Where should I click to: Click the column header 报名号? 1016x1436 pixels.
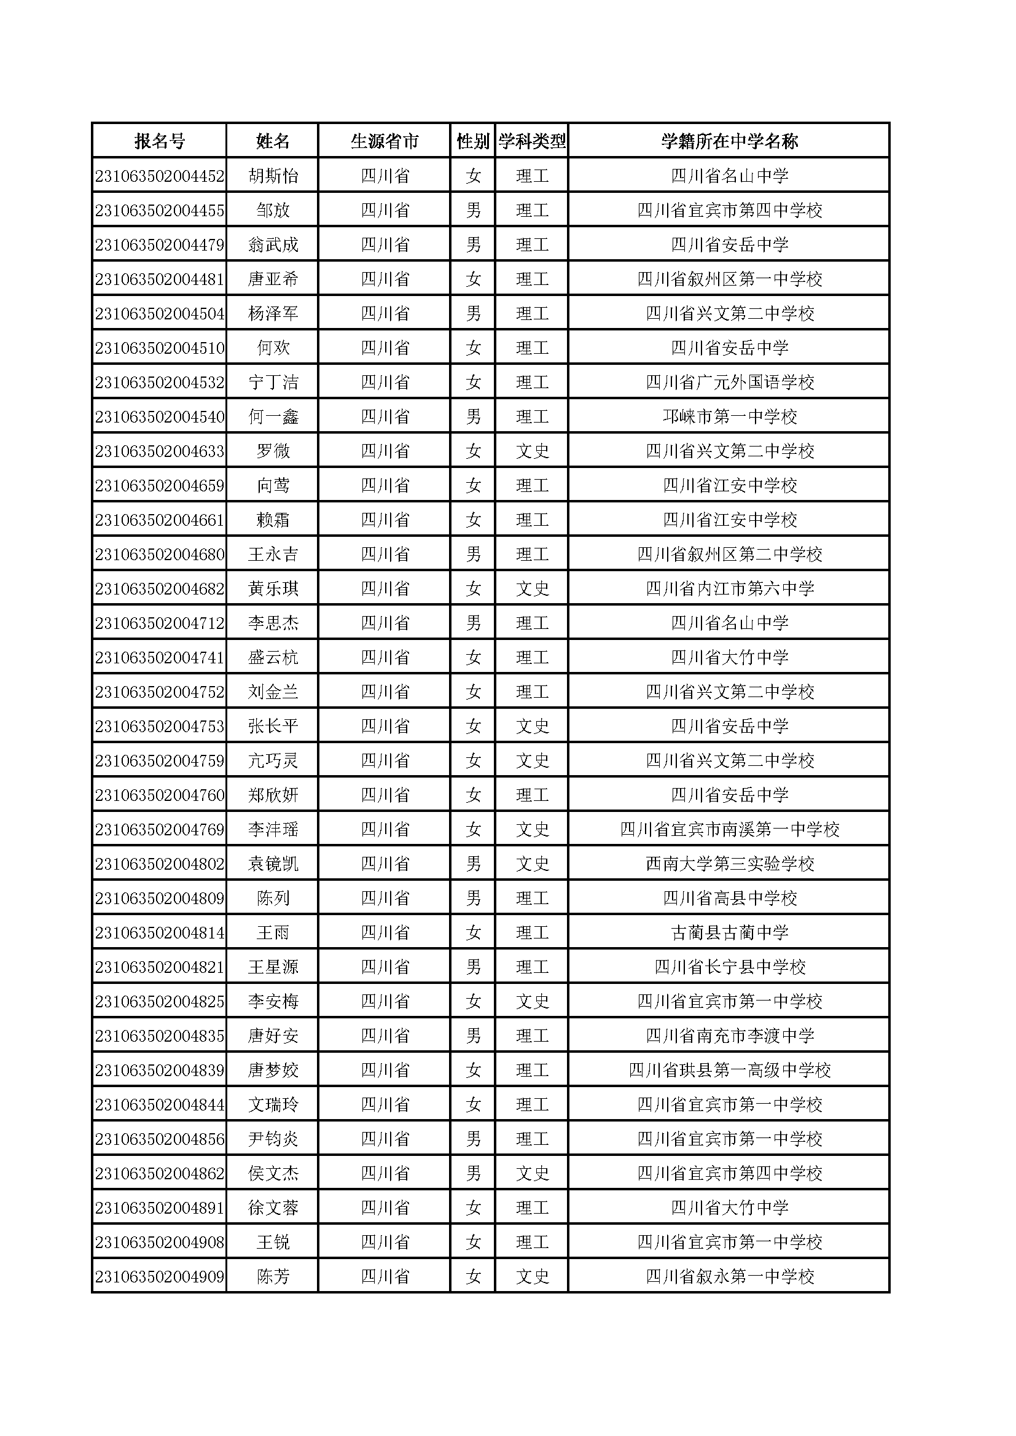[160, 141]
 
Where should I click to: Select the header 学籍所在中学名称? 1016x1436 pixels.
[729, 141]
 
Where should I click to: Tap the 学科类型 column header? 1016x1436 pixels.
[532, 141]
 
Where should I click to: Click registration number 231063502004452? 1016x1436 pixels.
[160, 176]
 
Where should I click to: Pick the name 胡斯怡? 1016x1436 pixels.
[273, 176]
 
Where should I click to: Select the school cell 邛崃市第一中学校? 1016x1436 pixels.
[730, 416]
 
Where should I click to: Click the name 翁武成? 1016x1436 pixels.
[273, 244]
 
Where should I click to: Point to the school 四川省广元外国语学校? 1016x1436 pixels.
[730, 382]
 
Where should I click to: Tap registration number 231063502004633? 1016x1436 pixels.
[160, 451]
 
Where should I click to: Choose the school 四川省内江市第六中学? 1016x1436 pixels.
[730, 588]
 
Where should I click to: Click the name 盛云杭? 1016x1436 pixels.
[273, 657]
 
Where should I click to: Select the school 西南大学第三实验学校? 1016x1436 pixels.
[730, 864]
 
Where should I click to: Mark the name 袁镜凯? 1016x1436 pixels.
[273, 864]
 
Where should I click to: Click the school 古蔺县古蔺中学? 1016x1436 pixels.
[730, 932]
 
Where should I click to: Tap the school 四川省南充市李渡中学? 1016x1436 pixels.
[730, 1036]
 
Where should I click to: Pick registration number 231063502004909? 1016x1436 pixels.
[160, 1276]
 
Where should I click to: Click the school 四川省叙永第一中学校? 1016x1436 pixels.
[730, 1276]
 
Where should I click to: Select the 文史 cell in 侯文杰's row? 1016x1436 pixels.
[532, 1173]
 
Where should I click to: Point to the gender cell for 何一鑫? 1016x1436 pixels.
[473, 416]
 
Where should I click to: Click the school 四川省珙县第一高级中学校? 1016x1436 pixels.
[730, 1070]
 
